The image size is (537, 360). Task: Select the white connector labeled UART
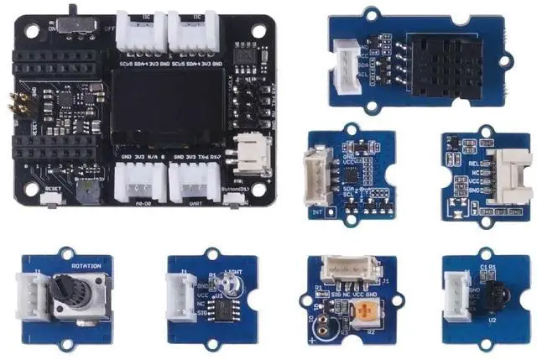tap(194, 179)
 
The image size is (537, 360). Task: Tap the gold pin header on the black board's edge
tap(14, 105)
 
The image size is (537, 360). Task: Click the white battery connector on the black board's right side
tap(250, 152)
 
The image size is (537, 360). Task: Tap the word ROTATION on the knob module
tap(86, 267)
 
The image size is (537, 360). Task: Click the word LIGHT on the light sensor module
tap(235, 270)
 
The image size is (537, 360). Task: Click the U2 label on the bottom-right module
tap(494, 320)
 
